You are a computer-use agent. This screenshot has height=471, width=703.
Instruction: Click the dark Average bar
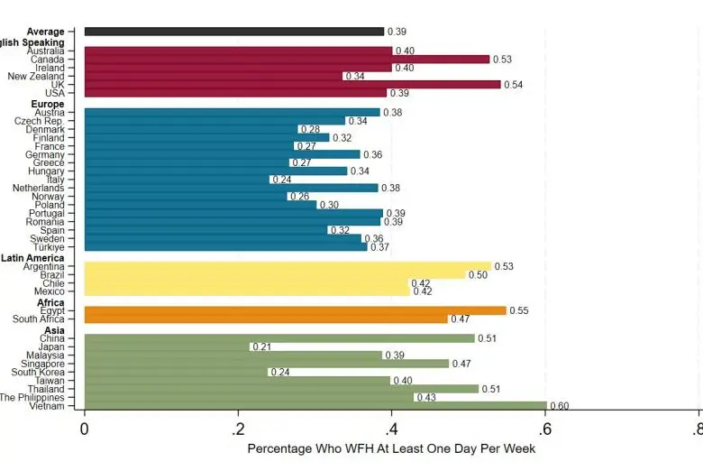(x=234, y=32)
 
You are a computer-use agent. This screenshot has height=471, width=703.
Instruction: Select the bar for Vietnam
(x=315, y=406)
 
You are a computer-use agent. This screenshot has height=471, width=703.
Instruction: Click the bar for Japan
(x=167, y=346)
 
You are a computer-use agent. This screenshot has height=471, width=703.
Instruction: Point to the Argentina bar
(x=288, y=267)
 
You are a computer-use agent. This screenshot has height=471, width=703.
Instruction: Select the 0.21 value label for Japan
(x=262, y=346)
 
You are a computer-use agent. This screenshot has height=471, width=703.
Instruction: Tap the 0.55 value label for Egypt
(x=519, y=310)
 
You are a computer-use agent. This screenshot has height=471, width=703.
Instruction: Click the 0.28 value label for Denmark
(x=310, y=129)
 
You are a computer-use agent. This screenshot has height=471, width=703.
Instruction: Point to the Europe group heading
(x=48, y=104)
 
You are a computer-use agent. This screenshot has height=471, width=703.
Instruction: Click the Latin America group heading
(x=32, y=258)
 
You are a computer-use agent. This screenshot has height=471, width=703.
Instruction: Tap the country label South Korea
(x=38, y=372)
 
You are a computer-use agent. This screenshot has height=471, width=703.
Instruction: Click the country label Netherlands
(x=39, y=188)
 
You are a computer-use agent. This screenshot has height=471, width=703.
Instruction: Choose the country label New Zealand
(x=36, y=76)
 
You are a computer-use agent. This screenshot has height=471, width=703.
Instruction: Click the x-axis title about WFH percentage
(x=390, y=448)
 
